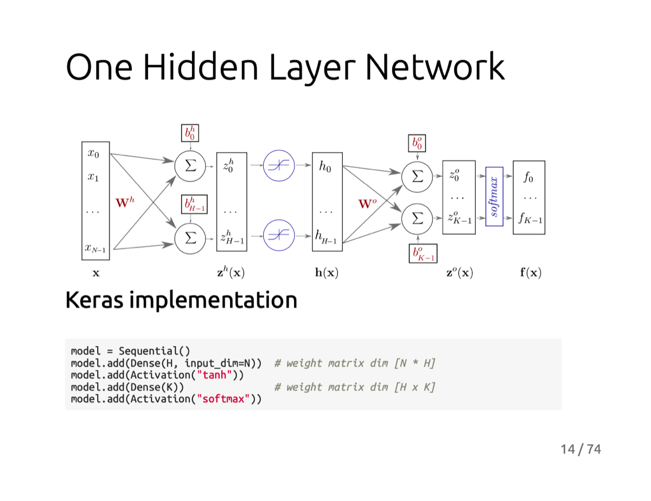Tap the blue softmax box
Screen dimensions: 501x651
tap(494, 196)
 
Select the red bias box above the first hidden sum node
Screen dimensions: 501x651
tap(190, 133)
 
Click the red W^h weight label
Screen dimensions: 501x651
tap(125, 203)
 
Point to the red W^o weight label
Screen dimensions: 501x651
tap(366, 204)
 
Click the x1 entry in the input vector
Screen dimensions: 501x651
tap(93, 177)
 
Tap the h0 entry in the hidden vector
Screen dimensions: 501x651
tap(325, 167)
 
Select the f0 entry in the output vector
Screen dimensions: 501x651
tap(528, 177)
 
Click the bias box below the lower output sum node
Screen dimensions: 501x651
tap(423, 253)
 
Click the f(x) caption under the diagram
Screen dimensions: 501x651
tap(531, 273)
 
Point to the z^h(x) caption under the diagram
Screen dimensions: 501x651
tap(231, 273)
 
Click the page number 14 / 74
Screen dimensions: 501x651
tap(580, 449)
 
